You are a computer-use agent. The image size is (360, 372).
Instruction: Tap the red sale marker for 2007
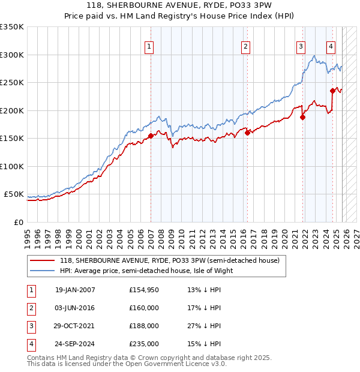(x=151, y=136)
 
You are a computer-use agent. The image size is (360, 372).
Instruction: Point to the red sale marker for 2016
(x=247, y=133)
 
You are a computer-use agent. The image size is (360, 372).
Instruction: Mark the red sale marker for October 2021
(x=303, y=118)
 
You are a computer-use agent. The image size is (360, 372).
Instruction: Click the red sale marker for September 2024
(x=332, y=91)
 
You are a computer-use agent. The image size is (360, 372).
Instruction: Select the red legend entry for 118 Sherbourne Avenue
(x=169, y=261)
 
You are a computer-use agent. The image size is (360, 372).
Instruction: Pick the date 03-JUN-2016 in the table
(x=75, y=308)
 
